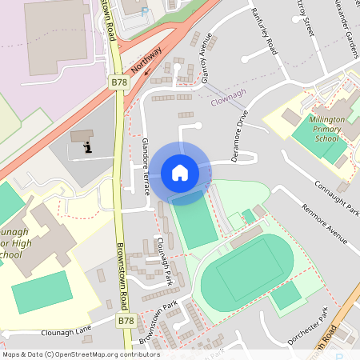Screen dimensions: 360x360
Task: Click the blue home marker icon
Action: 180,172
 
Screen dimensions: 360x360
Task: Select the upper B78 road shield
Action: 118,82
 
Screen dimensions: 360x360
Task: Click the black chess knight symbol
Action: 86,146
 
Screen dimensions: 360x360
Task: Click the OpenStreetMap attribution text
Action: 80,354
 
